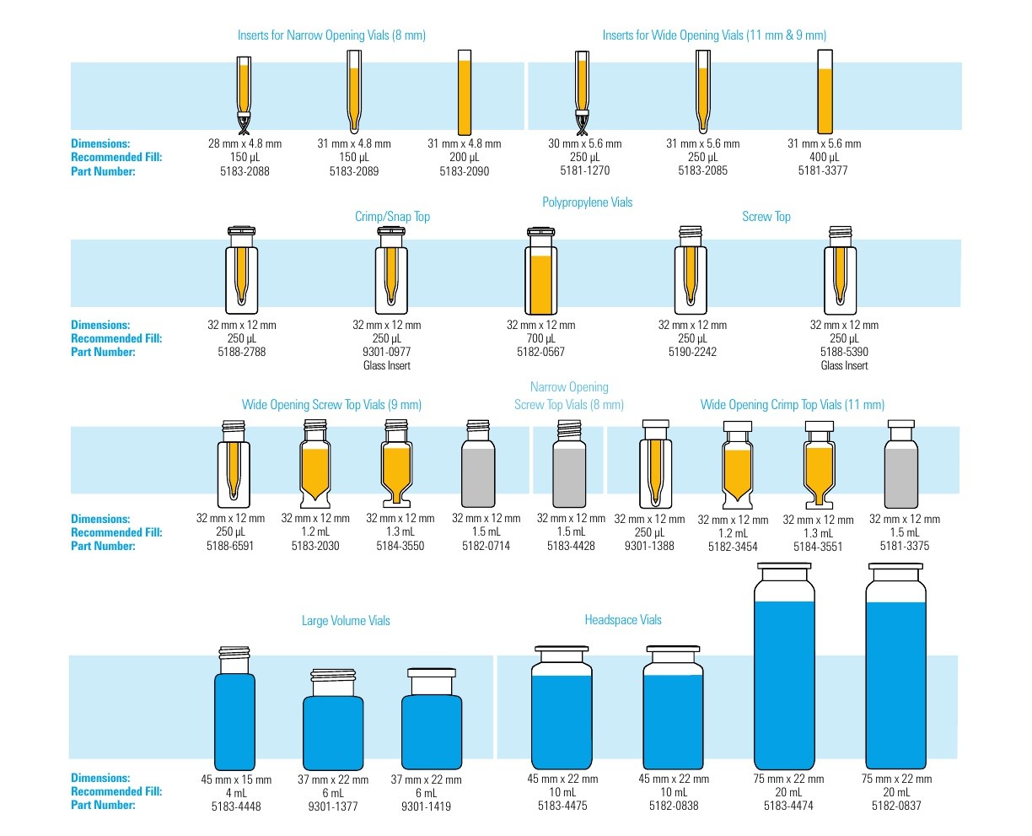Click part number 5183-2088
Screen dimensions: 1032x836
tap(245, 171)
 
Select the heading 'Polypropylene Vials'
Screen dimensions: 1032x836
tap(587, 202)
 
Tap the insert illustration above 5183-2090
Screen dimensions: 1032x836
tap(465, 92)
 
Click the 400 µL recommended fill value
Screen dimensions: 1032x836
tap(824, 157)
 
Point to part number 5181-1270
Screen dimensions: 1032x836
tap(584, 170)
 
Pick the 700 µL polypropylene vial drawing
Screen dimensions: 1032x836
tap(540, 271)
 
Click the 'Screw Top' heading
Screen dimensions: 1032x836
tap(766, 217)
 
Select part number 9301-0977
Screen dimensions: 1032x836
tap(386, 352)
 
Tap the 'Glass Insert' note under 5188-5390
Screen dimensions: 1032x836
tap(843, 365)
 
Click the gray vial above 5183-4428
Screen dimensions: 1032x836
tap(569, 463)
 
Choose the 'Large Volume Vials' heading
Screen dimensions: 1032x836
tap(346, 620)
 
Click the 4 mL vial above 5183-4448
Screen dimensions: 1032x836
tap(234, 708)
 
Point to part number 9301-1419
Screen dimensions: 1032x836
tap(426, 806)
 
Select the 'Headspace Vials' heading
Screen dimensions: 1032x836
tap(622, 619)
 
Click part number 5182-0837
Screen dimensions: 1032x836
tap(896, 806)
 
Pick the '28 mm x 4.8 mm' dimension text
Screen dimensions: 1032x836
tap(245, 143)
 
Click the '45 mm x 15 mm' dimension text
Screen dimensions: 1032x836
tap(236, 779)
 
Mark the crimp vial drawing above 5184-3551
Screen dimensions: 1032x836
tap(819, 464)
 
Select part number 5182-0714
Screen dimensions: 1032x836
tap(486, 546)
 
